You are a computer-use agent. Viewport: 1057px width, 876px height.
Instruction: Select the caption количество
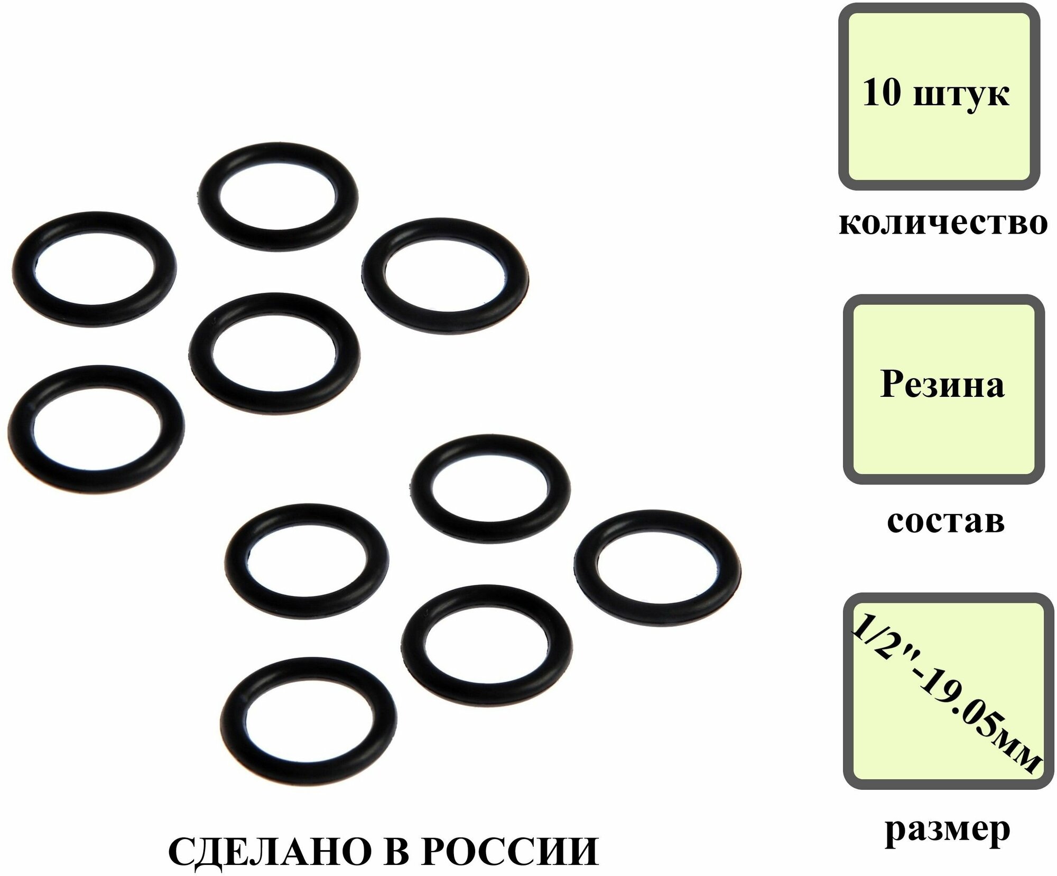tap(943, 223)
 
